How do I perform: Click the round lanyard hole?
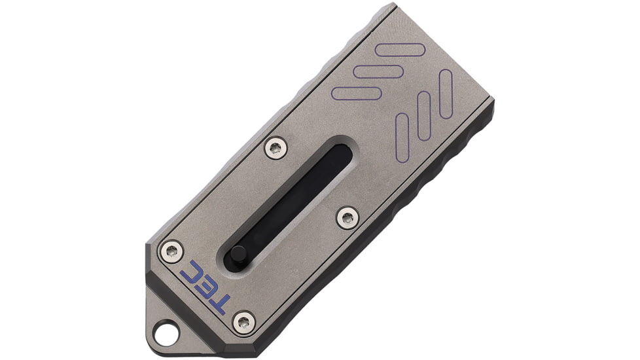coord(166,333)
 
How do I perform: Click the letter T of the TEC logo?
coord(217,304)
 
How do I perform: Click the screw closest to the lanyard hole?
coord(245,323)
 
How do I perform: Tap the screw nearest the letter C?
coord(172,251)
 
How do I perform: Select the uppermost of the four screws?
coord(276,148)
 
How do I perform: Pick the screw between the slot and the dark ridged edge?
coord(347,217)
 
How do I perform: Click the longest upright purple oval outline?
coord(446,94)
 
